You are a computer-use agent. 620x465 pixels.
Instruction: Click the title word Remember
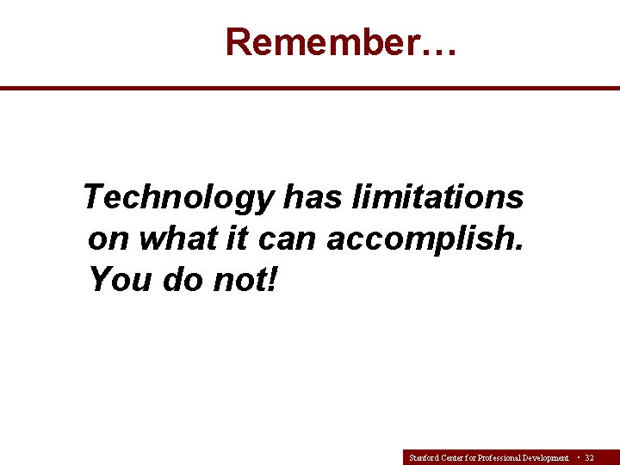pyautogui.click(x=324, y=41)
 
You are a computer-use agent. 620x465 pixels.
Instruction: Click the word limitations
pyautogui.click(x=437, y=198)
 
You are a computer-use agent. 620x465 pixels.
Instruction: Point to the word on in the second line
pyautogui.click(x=108, y=239)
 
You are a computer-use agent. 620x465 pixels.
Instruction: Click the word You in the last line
pyautogui.click(x=120, y=279)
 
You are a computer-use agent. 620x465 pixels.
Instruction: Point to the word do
pyautogui.click(x=182, y=279)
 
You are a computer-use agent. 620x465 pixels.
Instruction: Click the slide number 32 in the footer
pyautogui.click(x=589, y=458)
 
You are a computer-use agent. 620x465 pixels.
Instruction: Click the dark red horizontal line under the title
pyautogui.click(x=310, y=88)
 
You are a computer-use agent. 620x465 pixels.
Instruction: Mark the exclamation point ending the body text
pyautogui.click(x=273, y=279)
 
